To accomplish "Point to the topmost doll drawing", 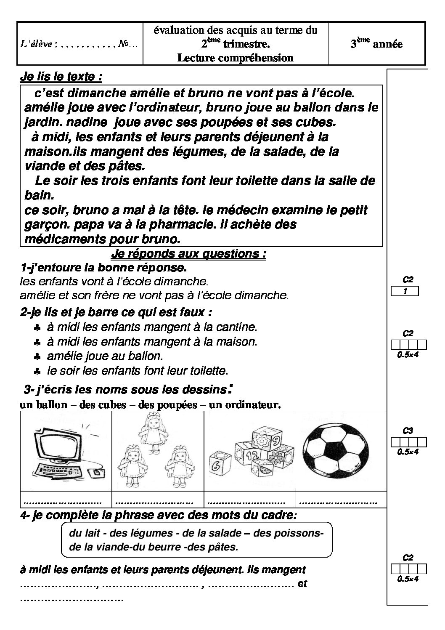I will point(150,429).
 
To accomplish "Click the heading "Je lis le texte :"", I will point(61,77).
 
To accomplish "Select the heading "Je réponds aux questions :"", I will point(188,254).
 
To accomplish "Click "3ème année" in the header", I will point(376,44).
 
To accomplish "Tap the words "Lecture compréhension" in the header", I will point(235,58).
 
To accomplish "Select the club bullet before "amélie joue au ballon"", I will point(37,356).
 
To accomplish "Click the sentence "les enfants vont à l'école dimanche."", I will point(114,281).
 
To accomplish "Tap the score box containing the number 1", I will point(405,290).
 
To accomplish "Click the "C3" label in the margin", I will point(408,431).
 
